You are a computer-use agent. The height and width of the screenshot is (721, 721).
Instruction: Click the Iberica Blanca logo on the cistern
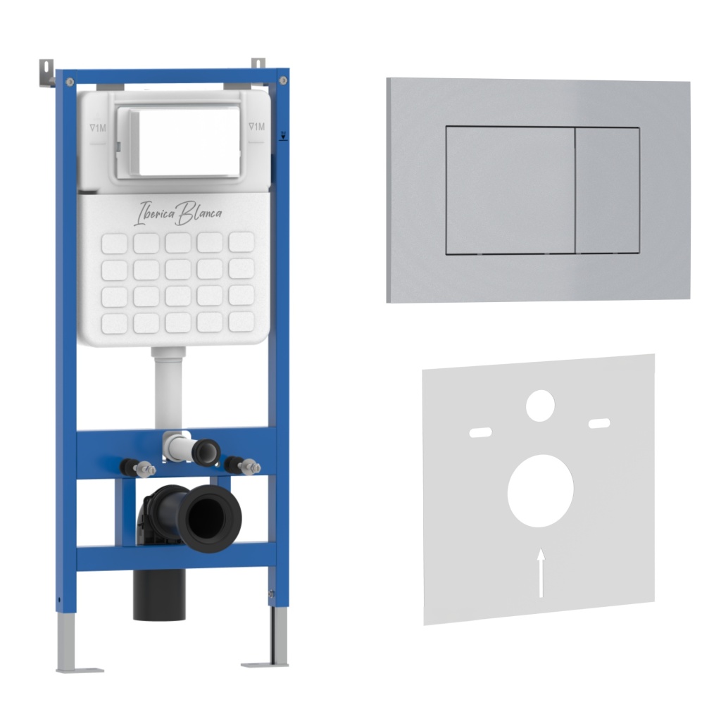pyautogui.click(x=177, y=213)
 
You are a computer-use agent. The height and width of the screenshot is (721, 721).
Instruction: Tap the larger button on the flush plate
pyautogui.click(x=510, y=190)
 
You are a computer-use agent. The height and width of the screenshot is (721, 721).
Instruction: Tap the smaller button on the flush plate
pyautogui.click(x=608, y=190)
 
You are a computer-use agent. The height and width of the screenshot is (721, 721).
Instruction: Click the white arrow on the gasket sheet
pyautogui.click(x=541, y=572)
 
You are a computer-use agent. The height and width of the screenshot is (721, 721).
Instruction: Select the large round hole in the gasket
pyautogui.click(x=540, y=491)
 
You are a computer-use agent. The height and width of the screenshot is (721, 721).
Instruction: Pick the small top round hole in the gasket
pyautogui.click(x=540, y=406)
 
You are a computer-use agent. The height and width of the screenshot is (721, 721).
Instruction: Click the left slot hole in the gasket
pyautogui.click(x=480, y=432)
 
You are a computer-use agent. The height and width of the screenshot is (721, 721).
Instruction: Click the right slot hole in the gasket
pyautogui.click(x=600, y=423)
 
